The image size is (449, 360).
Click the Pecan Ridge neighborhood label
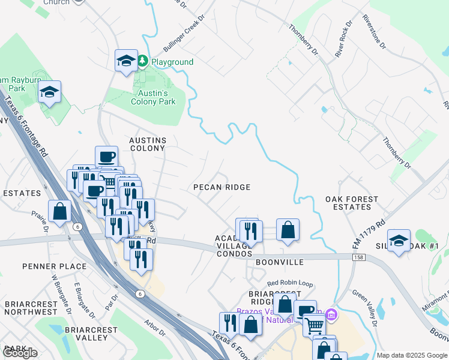tap(221, 187)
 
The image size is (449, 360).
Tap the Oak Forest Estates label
tap(352, 203)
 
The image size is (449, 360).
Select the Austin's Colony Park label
tap(154, 97)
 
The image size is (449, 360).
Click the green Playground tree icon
tap(143, 61)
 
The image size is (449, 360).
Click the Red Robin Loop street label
tap(291, 283)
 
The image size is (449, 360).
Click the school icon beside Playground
tap(126, 61)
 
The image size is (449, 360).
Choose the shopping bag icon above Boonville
tap(288, 229)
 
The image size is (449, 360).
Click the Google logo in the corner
tap(20, 353)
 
